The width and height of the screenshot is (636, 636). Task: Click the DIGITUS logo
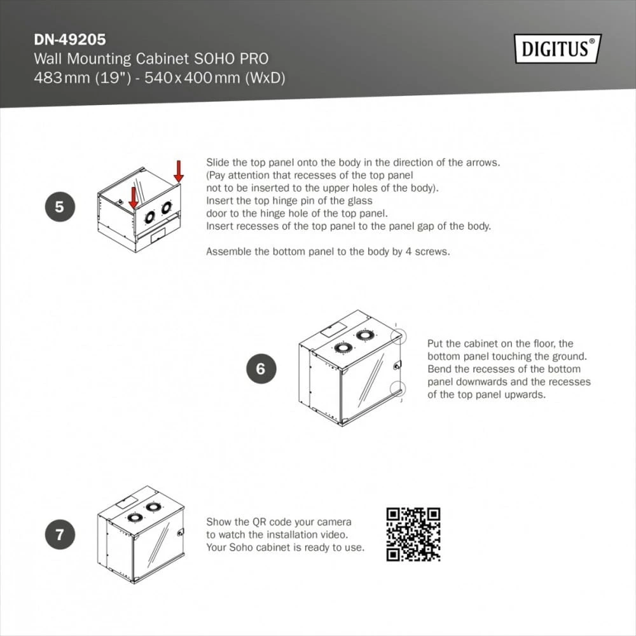[x=558, y=49]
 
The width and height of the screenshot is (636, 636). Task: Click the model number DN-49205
[x=70, y=39]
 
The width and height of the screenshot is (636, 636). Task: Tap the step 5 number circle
[x=60, y=207]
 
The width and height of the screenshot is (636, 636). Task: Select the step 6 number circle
[x=261, y=369]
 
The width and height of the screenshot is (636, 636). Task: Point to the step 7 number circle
[x=60, y=534]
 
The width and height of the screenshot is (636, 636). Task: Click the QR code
[x=413, y=534]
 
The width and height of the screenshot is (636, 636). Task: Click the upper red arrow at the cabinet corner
[x=179, y=171]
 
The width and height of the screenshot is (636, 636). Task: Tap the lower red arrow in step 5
[x=134, y=198]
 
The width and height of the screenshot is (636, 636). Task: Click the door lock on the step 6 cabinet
[x=397, y=364]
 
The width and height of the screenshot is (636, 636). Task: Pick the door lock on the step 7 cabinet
[x=181, y=532]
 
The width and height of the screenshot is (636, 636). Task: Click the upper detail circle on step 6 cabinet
[x=398, y=336]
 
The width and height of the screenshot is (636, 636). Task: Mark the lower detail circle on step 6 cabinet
[x=397, y=389]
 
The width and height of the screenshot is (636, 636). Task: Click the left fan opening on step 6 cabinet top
[x=343, y=347]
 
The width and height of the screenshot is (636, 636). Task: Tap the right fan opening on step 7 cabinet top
[x=153, y=507]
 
